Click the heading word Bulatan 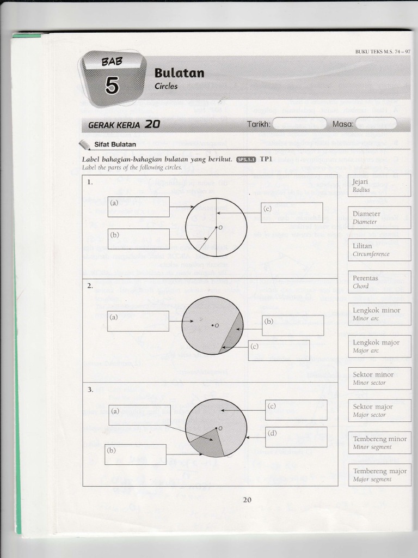[179, 73]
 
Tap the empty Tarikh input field [299, 124]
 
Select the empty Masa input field [376, 124]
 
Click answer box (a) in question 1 [138, 207]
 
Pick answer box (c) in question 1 [292, 213]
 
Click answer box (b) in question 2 [293, 325]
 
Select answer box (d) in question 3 [296, 436]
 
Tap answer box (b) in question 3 [136, 454]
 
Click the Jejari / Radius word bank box [379, 185]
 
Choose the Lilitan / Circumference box [379, 250]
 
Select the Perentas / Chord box [379, 282]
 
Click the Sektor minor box [379, 378]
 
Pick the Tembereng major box [379, 475]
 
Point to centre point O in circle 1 [216, 227]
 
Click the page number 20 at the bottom [247, 500]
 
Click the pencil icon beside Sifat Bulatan [84, 144]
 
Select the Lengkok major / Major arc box [379, 346]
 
